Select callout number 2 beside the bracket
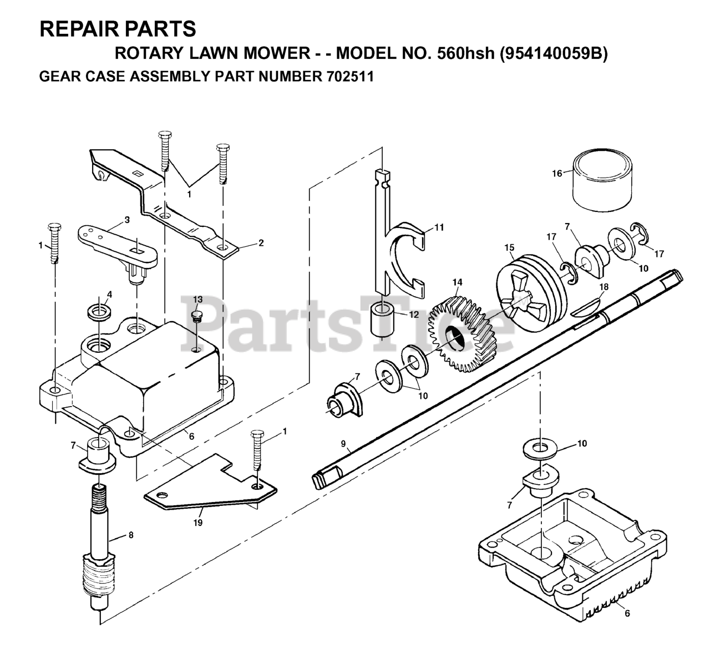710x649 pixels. tap(261, 242)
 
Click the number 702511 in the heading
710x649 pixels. tap(347, 75)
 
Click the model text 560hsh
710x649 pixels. tap(470, 53)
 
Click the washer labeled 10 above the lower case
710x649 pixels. tap(540, 448)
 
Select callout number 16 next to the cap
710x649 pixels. tap(557, 173)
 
